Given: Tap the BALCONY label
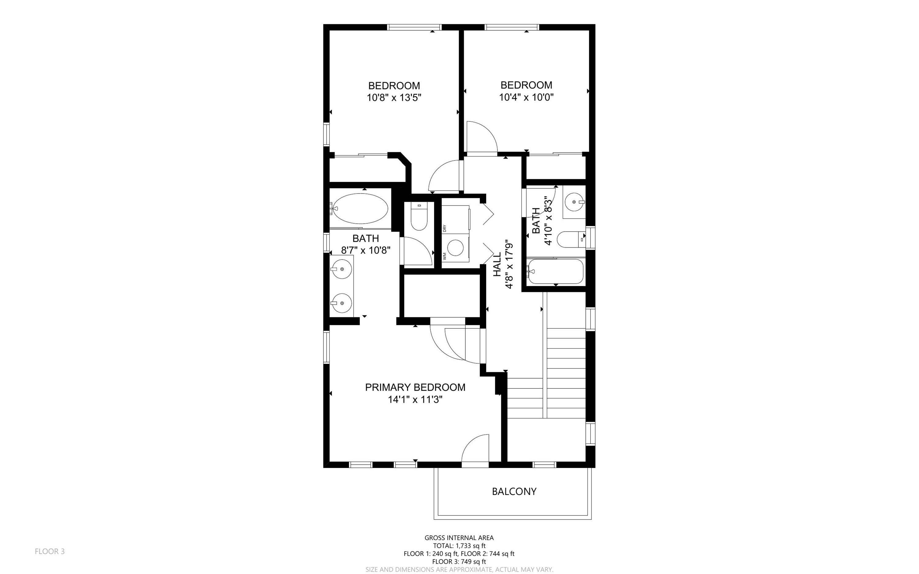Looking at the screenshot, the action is [514, 491].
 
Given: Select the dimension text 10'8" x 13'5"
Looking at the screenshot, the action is [394, 98].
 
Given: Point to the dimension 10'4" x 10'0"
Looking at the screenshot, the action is [526, 97].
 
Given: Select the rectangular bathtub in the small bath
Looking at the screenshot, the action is [555, 271].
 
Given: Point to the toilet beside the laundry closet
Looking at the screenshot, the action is [419, 216].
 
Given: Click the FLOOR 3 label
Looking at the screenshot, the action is [50, 551].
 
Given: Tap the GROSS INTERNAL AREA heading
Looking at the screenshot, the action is [459, 538].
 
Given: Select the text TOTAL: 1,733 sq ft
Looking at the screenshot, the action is [459, 546].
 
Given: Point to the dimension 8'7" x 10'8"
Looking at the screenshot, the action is [365, 250].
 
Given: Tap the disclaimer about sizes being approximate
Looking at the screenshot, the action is [459, 569].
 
